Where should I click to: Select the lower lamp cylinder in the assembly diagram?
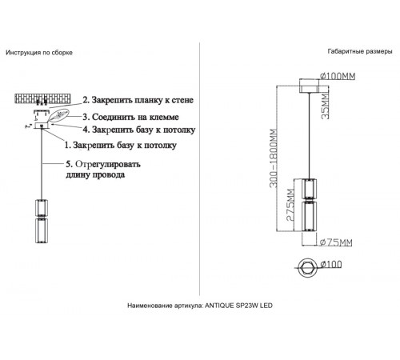coord(40,231)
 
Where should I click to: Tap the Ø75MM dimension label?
coord(333,242)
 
